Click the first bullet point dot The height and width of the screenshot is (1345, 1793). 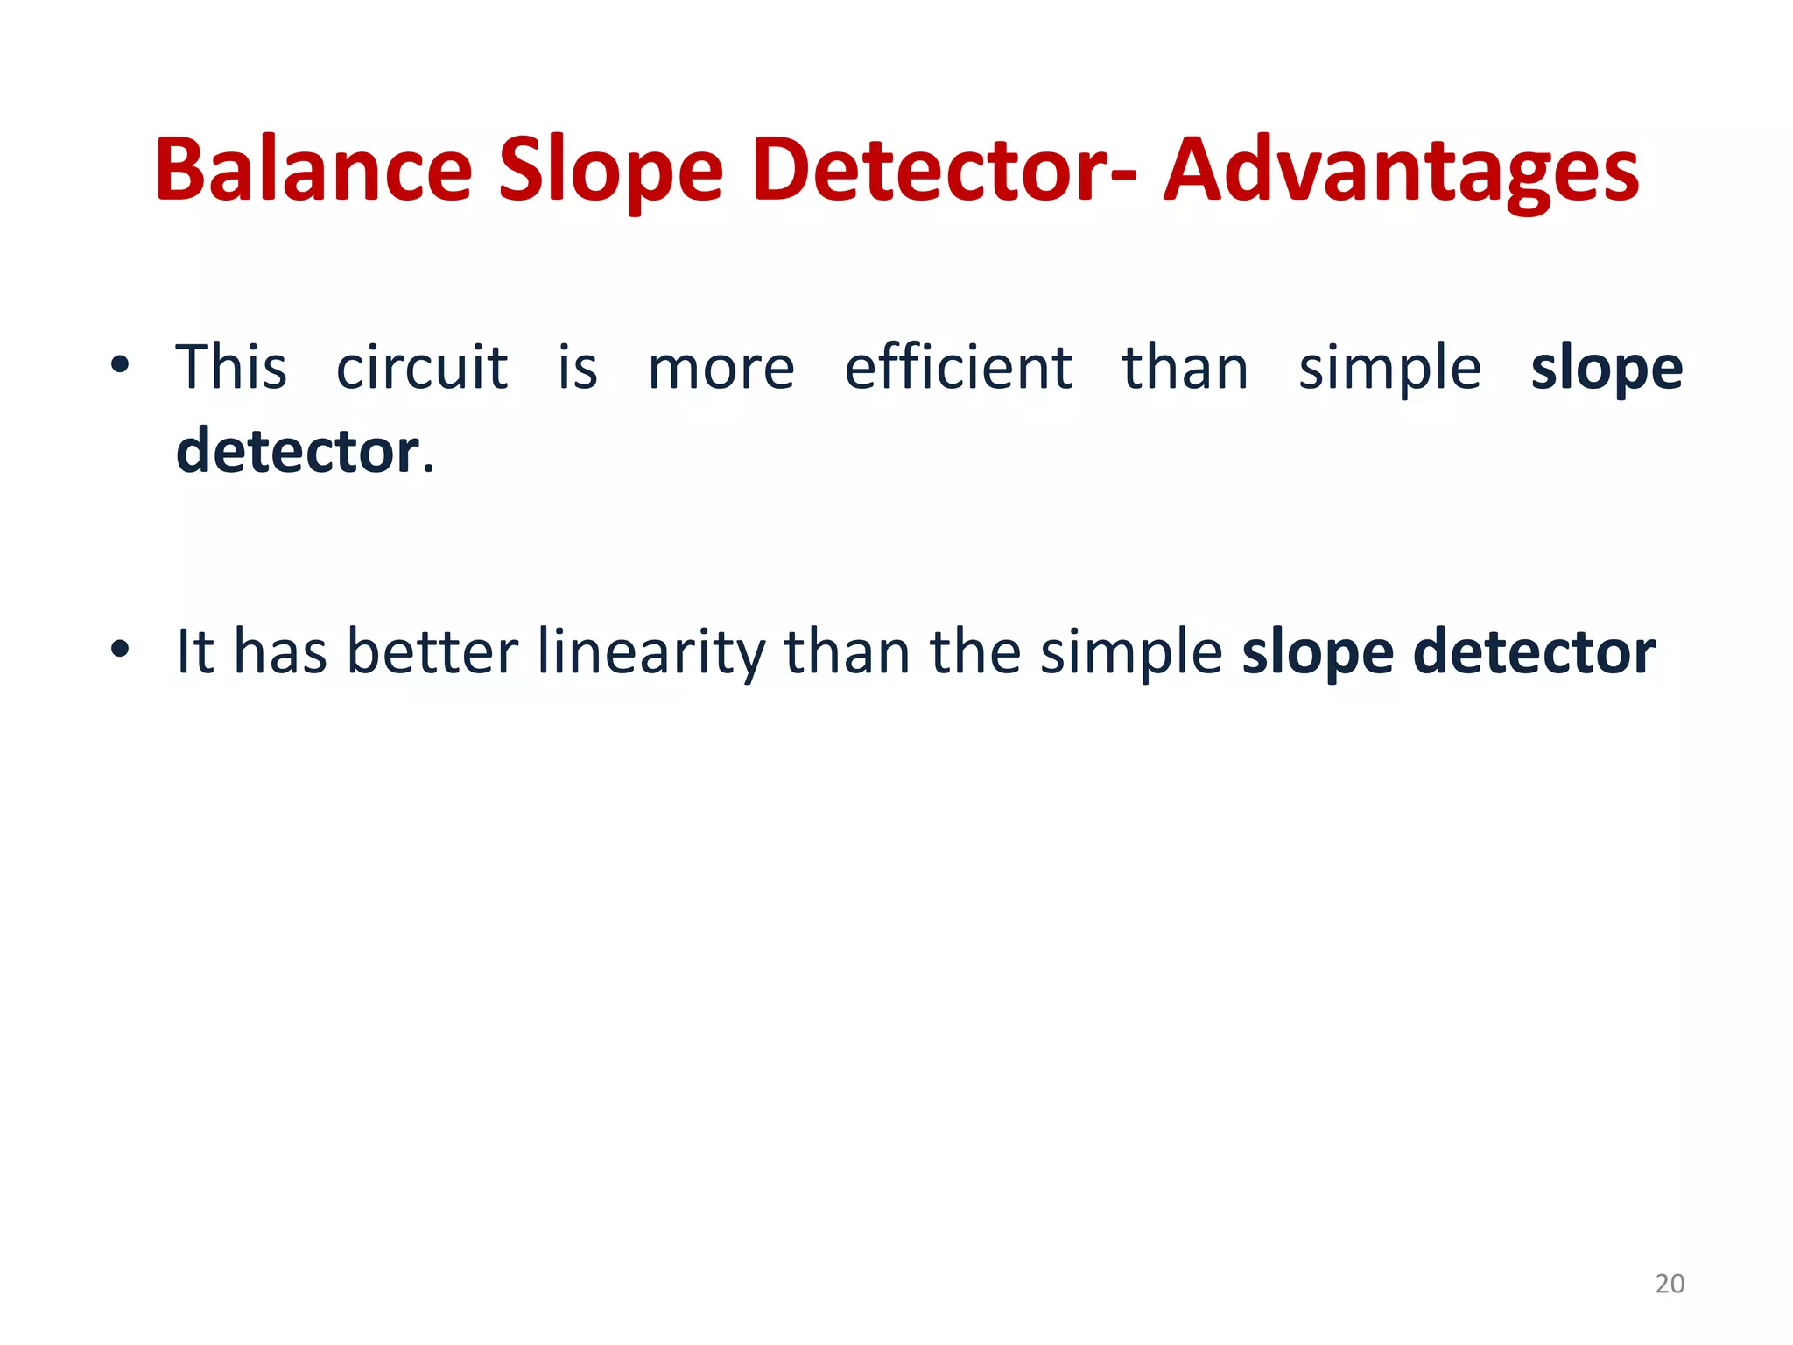(x=120, y=365)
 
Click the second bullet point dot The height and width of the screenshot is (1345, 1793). (x=120, y=651)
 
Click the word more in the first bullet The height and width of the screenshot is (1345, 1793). (x=721, y=368)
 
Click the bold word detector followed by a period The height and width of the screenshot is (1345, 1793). (x=299, y=451)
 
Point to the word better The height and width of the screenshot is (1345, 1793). (x=432, y=652)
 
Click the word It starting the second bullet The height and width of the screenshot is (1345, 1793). (x=195, y=652)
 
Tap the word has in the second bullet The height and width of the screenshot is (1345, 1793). (x=280, y=652)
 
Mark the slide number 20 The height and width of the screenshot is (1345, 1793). (x=1670, y=1284)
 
